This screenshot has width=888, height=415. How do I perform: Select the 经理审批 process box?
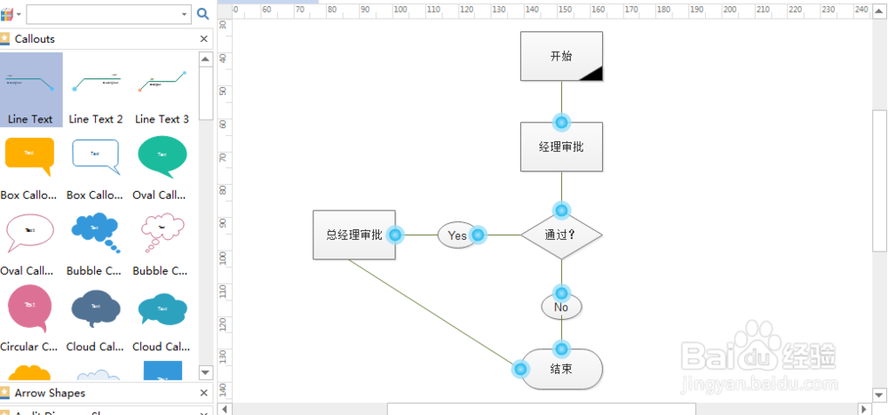[x=561, y=147]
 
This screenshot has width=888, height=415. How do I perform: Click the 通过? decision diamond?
[x=561, y=235]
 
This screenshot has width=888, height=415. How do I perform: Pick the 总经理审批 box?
[x=353, y=235]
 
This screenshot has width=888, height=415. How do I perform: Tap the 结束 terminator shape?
[x=561, y=369]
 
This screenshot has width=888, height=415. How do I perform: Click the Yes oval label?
[x=456, y=235]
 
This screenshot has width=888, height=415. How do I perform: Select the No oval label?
[x=561, y=307]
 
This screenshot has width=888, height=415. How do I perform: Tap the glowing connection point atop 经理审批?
[x=561, y=123]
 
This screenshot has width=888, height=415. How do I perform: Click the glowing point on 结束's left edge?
[x=520, y=369]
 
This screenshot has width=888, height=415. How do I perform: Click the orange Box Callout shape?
[x=29, y=156]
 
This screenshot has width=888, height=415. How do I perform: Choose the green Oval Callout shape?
[x=162, y=156]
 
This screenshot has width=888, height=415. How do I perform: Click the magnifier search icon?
[x=202, y=13]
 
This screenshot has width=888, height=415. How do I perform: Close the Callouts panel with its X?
[x=203, y=39]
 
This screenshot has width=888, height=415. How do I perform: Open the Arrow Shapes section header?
[x=50, y=393]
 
